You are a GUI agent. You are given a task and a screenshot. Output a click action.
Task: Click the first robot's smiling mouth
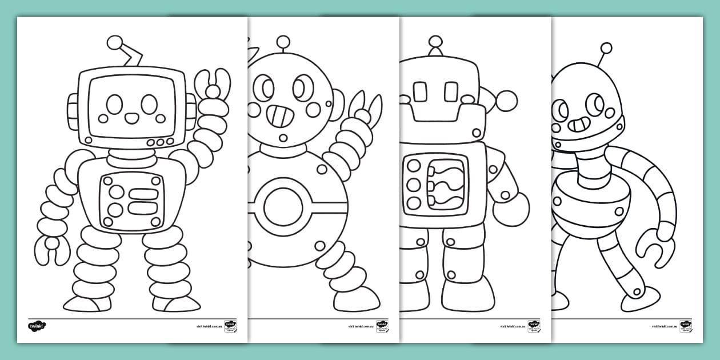(x=131, y=118)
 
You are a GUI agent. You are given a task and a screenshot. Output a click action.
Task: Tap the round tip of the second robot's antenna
(x=283, y=41)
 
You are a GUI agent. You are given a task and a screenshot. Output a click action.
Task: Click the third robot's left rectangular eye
(x=420, y=91)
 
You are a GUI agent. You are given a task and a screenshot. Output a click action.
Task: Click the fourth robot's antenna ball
(x=606, y=48)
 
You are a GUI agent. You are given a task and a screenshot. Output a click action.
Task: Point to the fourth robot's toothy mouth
(x=578, y=123)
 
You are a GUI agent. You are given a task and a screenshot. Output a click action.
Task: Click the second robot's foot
(x=357, y=298)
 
